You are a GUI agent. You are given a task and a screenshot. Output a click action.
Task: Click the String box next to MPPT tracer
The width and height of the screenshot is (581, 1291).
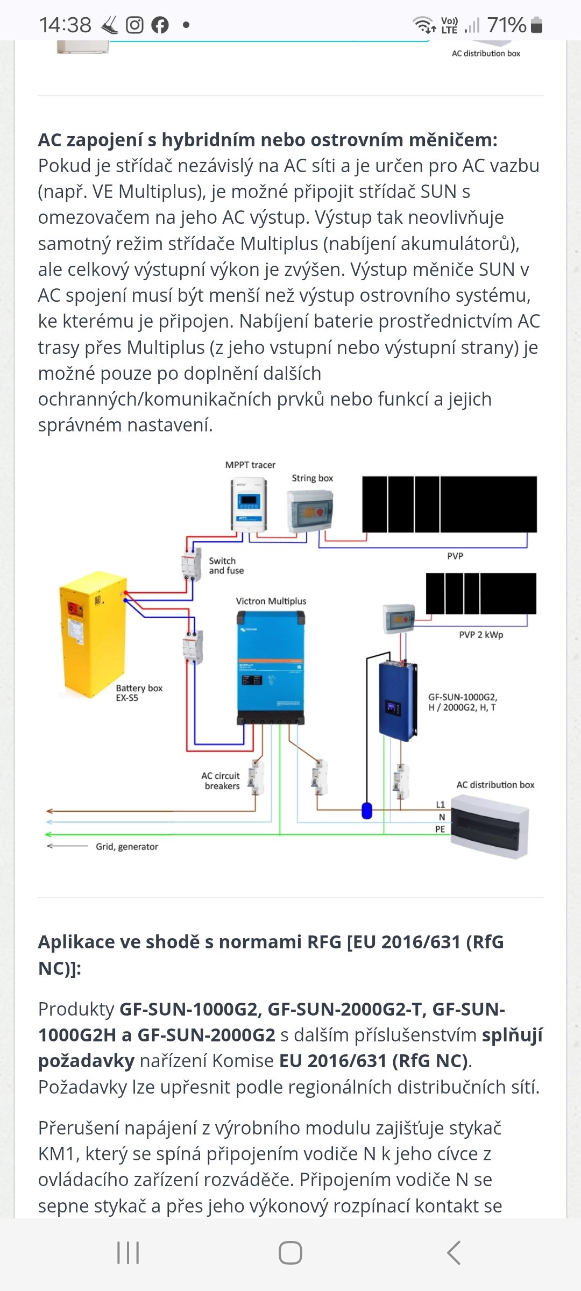[311, 511]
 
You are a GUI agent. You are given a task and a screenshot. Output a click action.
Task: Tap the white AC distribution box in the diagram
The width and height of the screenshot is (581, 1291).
[490, 826]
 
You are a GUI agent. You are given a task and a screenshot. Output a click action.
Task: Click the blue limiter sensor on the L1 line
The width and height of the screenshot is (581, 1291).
[367, 810]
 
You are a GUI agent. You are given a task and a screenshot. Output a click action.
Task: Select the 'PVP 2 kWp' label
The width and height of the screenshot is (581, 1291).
[481, 635]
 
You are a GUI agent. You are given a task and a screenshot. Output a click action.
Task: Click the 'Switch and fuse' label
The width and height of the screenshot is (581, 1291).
[226, 566]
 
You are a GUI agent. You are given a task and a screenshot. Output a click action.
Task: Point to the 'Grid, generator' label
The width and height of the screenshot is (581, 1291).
[127, 847]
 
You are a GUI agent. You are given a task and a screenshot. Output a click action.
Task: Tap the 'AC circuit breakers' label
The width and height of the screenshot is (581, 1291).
[221, 781]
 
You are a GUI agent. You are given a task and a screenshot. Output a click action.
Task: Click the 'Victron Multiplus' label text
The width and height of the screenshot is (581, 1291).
[271, 601]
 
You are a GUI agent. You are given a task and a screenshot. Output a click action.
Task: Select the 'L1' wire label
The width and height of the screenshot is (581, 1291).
[440, 805]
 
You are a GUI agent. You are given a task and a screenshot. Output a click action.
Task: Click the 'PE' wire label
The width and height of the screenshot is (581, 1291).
[440, 829]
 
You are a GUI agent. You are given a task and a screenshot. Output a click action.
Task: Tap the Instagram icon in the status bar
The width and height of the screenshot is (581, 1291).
[134, 25]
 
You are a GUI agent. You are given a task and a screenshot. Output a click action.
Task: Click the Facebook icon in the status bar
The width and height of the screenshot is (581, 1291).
[160, 25]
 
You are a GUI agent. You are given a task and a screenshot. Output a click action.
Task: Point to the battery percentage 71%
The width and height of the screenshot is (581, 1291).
[506, 25]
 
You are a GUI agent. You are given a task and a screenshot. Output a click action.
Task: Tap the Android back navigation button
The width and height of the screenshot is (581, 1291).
[454, 1253]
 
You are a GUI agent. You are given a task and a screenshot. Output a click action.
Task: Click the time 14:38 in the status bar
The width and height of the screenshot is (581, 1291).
[65, 25]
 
